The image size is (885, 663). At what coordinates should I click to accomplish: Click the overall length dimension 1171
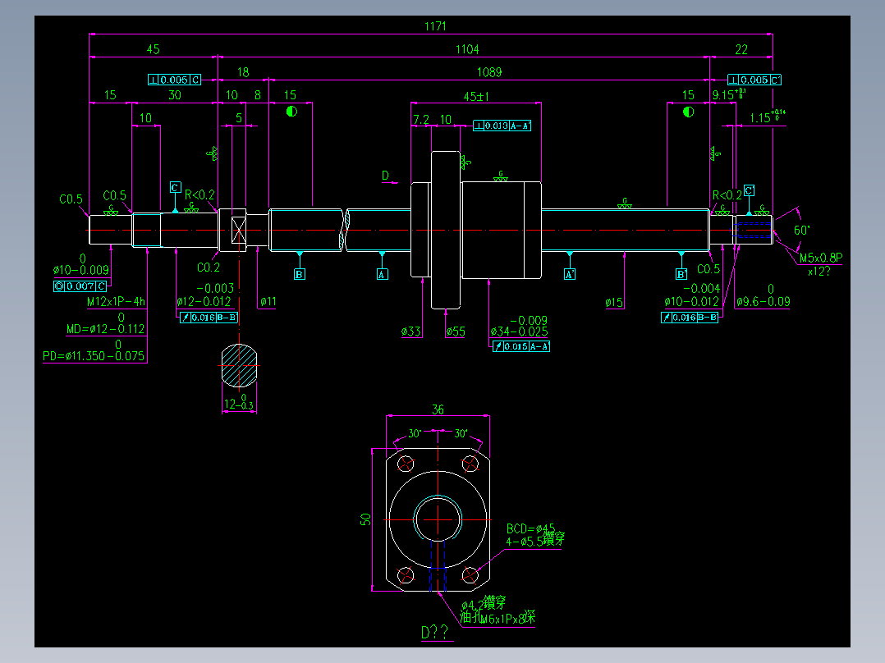[435, 26]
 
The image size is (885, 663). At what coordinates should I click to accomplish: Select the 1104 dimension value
[467, 50]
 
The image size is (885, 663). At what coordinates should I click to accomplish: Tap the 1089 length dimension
[489, 72]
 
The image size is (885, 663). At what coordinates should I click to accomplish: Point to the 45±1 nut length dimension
[476, 97]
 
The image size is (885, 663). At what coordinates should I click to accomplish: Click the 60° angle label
[801, 231]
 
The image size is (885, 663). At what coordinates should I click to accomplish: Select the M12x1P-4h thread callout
[117, 302]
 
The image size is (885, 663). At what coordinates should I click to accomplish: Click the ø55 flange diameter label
[456, 331]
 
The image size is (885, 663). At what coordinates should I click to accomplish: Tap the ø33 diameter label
[411, 331]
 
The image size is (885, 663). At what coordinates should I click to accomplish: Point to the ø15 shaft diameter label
[615, 303]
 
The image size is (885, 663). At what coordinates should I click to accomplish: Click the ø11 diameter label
[268, 302]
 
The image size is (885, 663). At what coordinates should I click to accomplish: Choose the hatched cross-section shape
[239, 366]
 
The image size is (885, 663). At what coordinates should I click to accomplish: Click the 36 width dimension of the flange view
[438, 409]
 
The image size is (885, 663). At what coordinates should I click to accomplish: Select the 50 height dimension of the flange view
[367, 519]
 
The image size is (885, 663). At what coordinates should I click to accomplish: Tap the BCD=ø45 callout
[530, 528]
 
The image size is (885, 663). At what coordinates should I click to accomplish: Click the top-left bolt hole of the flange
[406, 464]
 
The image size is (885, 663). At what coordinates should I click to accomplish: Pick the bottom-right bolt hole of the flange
[470, 574]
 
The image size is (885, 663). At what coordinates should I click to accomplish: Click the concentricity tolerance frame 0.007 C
[80, 286]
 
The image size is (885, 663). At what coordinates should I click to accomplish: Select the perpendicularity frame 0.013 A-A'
[502, 126]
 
